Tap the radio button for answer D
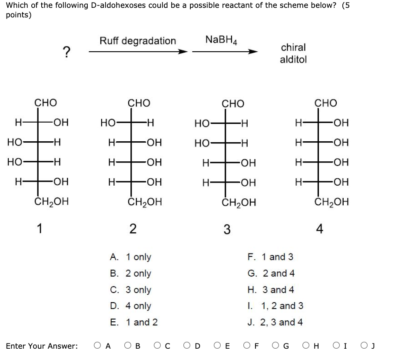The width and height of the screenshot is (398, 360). [x=187, y=346]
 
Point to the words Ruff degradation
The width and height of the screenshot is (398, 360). [x=138, y=41]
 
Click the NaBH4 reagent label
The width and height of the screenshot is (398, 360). [x=221, y=40]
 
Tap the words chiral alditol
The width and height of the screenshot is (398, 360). [x=293, y=53]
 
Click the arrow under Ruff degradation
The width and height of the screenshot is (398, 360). [x=138, y=52]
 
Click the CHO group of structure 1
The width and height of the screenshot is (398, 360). [x=45, y=103]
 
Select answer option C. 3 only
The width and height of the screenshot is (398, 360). [x=132, y=290]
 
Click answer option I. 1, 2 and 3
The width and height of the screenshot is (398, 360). [x=275, y=306]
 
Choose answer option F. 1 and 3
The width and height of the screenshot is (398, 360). [x=270, y=257]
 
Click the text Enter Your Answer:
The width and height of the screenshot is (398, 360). [x=42, y=346]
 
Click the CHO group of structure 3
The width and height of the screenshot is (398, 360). [x=233, y=103]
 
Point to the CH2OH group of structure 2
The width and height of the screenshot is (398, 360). [x=145, y=202]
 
